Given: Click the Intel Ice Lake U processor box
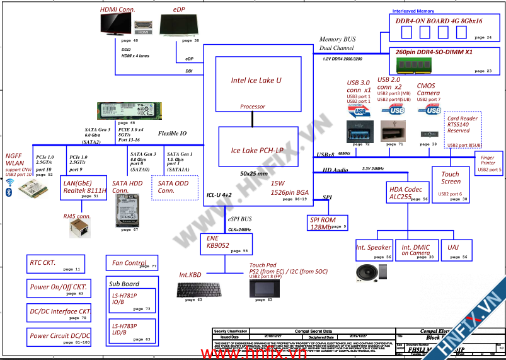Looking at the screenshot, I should point(256,84).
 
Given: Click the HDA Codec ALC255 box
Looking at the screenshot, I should point(407,192).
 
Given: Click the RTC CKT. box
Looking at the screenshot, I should point(55,263).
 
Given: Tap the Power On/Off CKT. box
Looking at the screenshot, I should point(57,287).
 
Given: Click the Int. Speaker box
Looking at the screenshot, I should point(374,248).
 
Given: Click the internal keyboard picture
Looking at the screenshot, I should point(195,289).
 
